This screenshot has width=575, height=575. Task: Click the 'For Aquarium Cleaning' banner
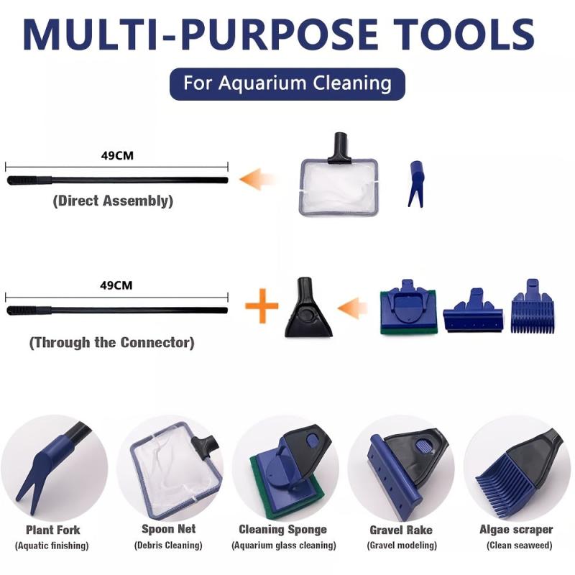coord(287,83)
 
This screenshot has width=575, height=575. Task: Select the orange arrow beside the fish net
coord(259,179)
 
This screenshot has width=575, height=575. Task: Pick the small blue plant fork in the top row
coord(415,184)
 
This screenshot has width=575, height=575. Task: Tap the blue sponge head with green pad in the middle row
coord(408,310)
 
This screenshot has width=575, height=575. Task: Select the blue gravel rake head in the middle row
coord(471,311)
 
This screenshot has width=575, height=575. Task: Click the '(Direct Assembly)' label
coord(113,201)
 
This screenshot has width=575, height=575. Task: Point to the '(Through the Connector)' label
coord(111,343)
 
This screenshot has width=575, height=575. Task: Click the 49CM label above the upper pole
coord(117,153)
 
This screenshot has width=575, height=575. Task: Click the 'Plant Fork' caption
coord(53,530)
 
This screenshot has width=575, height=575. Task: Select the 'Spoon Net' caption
coord(167,530)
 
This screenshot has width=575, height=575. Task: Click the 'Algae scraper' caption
coord(516,530)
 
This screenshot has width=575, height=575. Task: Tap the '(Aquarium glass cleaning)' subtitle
coord(282,546)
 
